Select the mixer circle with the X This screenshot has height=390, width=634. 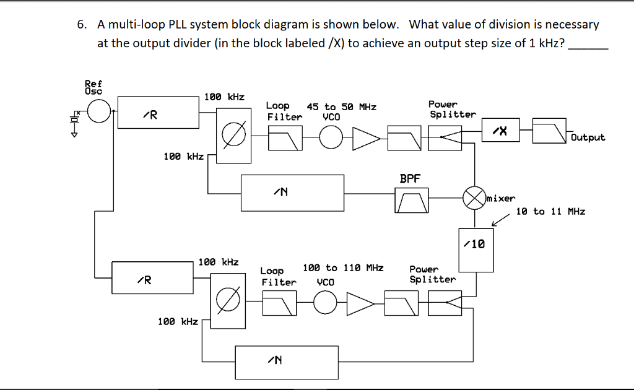[x=475, y=198]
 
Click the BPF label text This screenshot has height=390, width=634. [x=410, y=179]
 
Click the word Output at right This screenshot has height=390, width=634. [x=588, y=137]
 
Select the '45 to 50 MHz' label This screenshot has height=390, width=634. [x=345, y=107]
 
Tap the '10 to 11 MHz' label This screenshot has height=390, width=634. [x=551, y=211]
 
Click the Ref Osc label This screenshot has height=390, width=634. [x=93, y=86]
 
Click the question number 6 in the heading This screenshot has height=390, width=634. [x=81, y=25]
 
